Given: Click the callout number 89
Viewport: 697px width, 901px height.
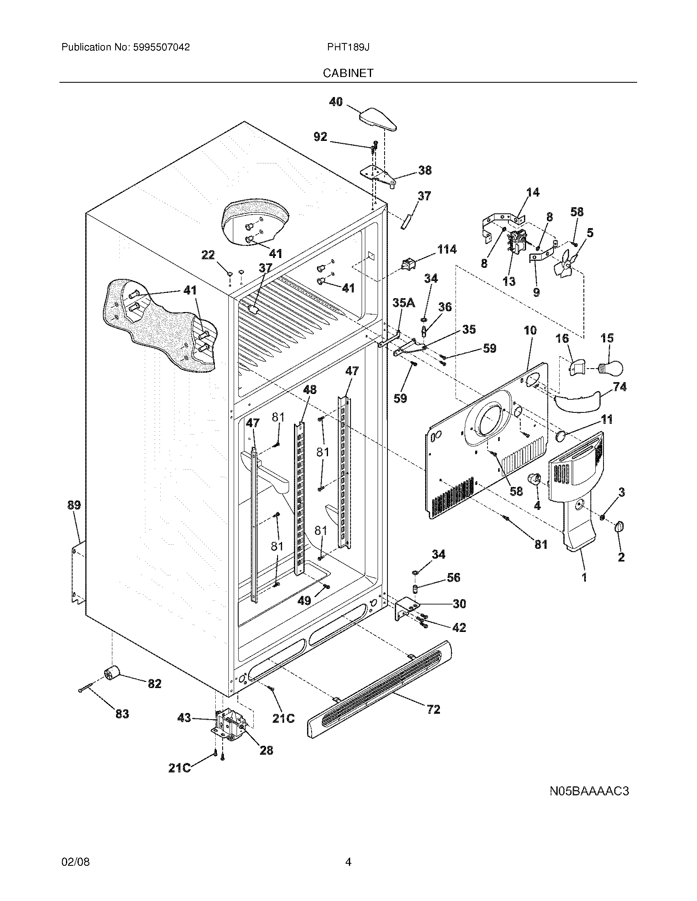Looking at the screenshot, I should click(74, 505).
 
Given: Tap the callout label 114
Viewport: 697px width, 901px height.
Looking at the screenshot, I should click(447, 249).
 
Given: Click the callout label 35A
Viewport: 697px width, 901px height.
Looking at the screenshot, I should click(404, 303).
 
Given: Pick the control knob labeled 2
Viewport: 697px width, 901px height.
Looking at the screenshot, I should click(620, 527).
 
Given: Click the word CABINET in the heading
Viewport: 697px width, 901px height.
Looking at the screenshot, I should click(348, 73).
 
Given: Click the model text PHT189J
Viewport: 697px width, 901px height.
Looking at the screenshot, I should click(348, 47).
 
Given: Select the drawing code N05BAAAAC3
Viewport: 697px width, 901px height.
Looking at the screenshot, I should click(589, 791).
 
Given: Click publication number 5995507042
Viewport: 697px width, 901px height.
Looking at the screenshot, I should click(162, 47).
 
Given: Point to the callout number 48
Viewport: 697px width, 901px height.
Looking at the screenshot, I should click(310, 389).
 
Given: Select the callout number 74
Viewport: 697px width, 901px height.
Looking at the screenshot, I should click(620, 387).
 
